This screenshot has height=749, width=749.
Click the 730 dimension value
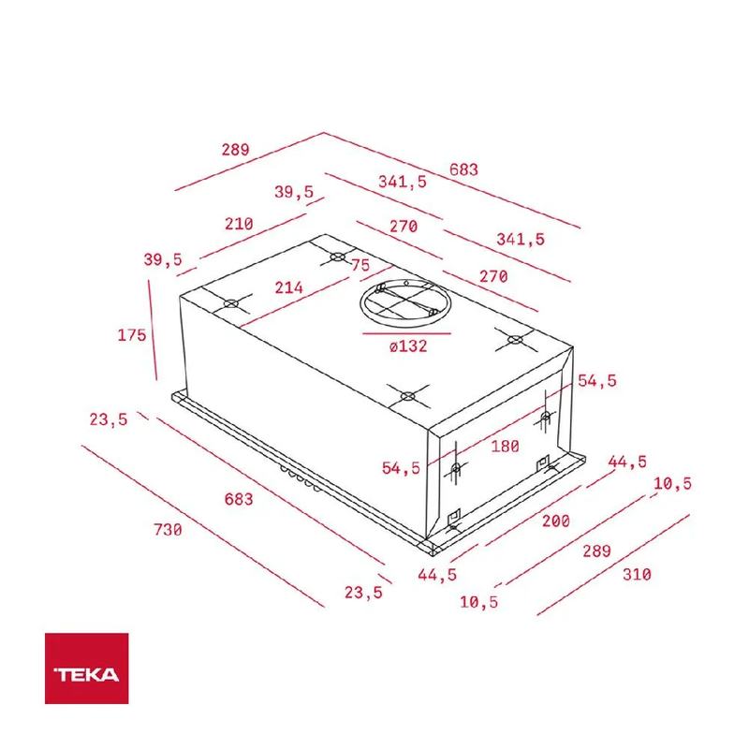168,530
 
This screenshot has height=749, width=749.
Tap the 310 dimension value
637,574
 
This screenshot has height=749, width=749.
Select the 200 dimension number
555,521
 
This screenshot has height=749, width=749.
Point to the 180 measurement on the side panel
505,447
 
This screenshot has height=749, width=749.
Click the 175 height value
132,335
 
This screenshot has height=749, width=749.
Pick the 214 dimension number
288,287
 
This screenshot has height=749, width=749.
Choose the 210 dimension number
239,224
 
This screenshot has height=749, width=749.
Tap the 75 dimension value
360,265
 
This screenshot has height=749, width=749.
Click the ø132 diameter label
408,345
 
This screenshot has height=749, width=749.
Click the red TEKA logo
86,668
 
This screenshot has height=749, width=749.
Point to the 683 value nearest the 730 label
239,499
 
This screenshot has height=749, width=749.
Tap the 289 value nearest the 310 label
596,551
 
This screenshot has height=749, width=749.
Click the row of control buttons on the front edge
300,478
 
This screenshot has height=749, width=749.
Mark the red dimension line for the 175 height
153,330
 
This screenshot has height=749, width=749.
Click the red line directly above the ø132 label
406,333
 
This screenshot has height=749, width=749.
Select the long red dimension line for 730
203,526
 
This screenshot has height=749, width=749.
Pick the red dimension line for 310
613,565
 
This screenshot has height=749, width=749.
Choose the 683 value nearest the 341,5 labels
463,169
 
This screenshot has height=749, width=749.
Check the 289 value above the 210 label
236,150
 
